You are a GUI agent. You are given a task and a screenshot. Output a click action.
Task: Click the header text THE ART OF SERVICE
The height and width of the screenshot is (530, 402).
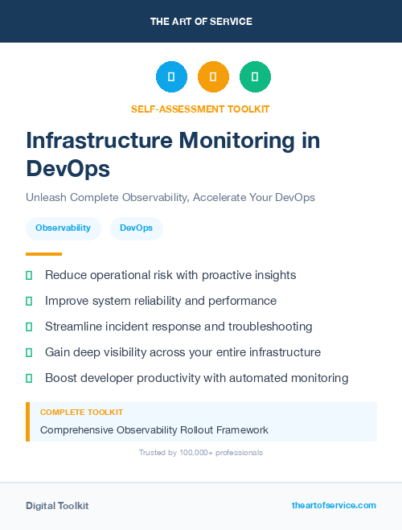(201, 21)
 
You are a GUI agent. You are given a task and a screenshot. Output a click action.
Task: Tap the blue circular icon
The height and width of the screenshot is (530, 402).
(171, 77)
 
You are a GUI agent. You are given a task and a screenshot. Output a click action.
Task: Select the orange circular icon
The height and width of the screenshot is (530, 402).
(213, 77)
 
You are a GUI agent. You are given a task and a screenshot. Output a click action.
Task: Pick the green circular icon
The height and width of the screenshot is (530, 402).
(255, 77)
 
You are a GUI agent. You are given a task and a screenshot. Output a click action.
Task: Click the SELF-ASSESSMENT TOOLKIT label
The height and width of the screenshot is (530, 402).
(200, 109)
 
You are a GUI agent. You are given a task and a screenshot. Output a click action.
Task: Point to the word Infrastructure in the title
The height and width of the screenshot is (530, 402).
(99, 140)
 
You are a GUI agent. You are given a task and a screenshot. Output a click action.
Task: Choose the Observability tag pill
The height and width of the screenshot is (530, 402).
(63, 228)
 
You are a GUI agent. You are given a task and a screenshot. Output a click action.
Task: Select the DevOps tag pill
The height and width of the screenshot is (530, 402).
(136, 228)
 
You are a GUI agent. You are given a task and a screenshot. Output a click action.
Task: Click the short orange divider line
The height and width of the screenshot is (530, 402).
(43, 254)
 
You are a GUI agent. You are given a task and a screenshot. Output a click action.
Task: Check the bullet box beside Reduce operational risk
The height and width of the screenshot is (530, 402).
(29, 275)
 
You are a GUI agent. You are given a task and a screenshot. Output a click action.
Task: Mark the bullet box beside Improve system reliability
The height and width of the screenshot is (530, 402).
(29, 301)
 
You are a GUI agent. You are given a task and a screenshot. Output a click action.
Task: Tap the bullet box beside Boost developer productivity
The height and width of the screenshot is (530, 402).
(29, 378)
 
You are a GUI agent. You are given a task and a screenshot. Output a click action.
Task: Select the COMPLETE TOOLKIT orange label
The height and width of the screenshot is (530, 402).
(81, 413)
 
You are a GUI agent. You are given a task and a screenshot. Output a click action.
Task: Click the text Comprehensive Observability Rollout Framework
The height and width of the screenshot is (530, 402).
(154, 430)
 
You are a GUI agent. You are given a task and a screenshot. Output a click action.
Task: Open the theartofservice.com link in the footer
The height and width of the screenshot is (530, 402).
(334, 505)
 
